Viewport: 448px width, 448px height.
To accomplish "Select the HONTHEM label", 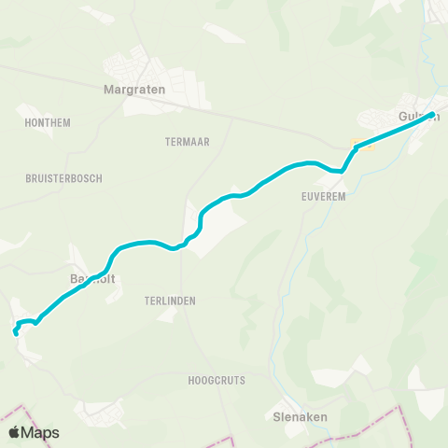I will coord(49,122).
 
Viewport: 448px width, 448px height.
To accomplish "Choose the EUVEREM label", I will coord(324,197).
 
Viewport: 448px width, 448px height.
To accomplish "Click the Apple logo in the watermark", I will coord(14,432).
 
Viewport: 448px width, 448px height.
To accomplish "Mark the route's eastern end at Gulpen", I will coord(431,116).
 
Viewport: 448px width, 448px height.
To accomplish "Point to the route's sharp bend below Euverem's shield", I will coord(343,171).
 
